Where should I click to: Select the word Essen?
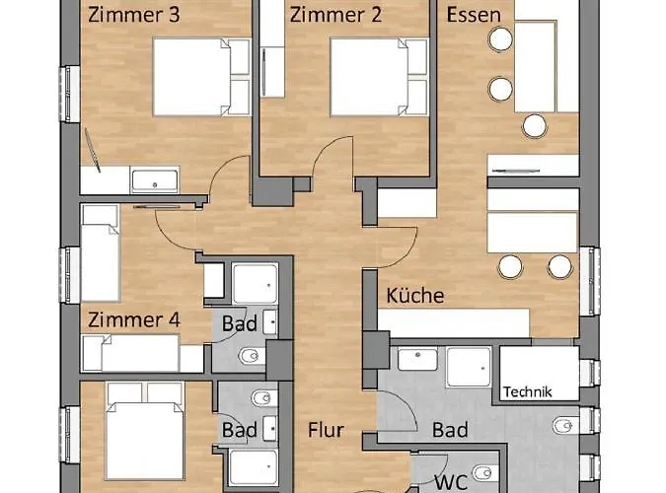(473, 16)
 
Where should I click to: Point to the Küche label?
(414, 295)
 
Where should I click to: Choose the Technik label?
(528, 391)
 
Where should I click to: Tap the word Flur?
(325, 430)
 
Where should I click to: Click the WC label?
(451, 482)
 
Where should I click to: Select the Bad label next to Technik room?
(450, 430)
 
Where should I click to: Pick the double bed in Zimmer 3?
(202, 77)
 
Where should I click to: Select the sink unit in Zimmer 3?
(156, 180)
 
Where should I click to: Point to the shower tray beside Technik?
(470, 368)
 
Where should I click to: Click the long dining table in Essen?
(537, 67)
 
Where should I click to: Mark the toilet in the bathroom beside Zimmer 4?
(249, 354)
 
